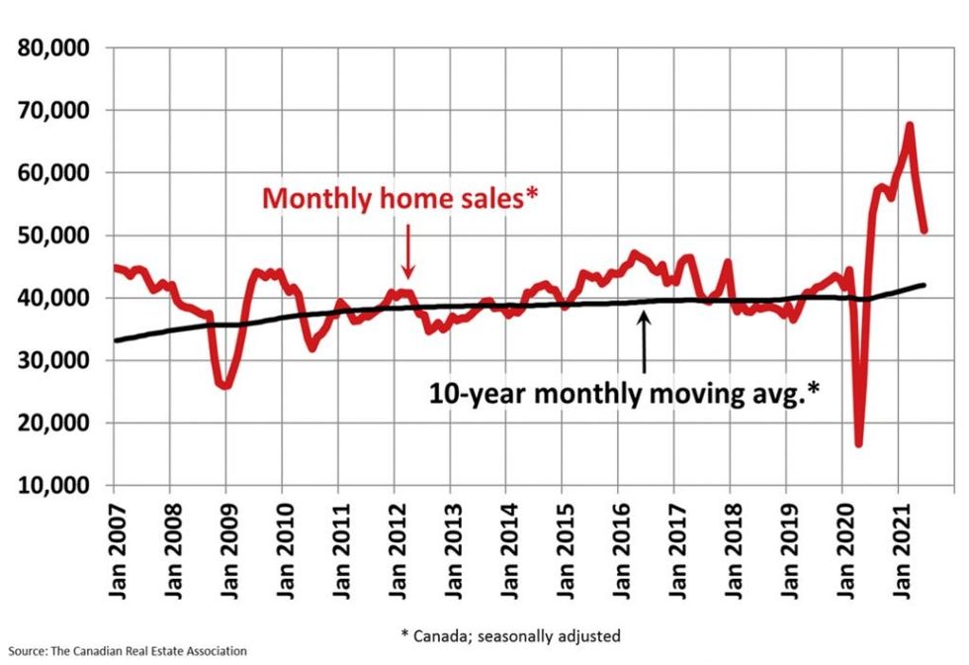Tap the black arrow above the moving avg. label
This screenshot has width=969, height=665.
pyautogui.click(x=645, y=341)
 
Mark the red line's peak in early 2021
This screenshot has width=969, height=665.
pyautogui.click(x=909, y=126)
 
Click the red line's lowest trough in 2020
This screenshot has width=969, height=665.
pyautogui.click(x=858, y=444)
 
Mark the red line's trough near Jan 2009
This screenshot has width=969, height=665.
pyautogui.click(x=226, y=385)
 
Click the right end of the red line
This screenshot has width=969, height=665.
pyautogui.click(x=924, y=231)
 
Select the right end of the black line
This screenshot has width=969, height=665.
pyautogui.click(x=924, y=285)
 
